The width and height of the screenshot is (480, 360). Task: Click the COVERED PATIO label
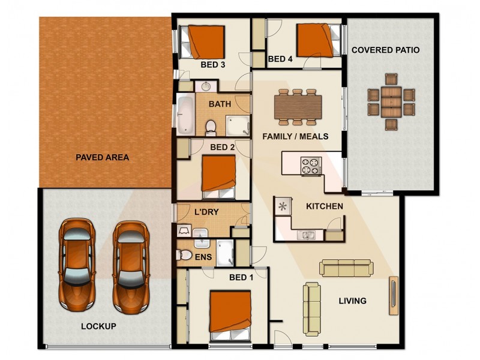[385, 50]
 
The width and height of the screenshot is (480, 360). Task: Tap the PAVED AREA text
[102, 157]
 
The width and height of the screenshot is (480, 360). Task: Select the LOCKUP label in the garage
[98, 326]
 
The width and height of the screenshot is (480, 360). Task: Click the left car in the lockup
[77, 265]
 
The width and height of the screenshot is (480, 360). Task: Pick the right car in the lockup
[131, 267]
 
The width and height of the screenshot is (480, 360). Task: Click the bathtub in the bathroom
[185, 114]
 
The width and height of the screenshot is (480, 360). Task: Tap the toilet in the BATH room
[211, 128]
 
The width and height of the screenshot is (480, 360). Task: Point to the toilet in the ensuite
[184, 254]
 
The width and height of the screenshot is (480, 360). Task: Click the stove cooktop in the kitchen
[311, 166]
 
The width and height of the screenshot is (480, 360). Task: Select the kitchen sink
[307, 235]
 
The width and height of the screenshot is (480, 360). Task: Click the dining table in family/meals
[298, 107]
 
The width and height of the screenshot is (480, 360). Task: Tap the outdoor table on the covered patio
[391, 102]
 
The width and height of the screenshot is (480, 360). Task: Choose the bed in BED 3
[202, 42]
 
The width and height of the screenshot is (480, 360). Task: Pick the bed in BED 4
[319, 40]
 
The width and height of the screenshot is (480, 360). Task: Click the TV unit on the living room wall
[394, 296]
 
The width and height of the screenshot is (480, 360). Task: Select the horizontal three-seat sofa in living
[346, 268]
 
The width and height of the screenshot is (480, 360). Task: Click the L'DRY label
[206, 212]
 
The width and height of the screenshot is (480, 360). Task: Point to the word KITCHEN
[325, 206]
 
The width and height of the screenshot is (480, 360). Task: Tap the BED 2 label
[223, 147]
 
